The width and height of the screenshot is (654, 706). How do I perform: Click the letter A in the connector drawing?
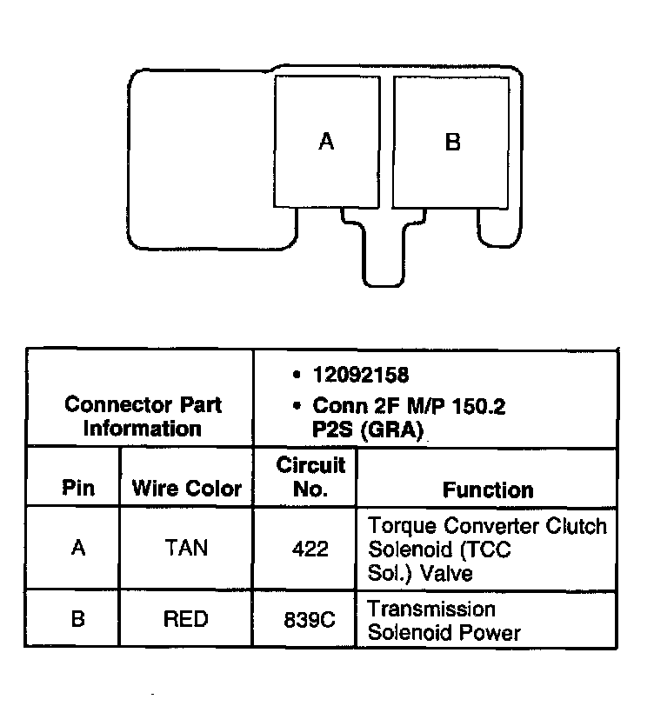326,141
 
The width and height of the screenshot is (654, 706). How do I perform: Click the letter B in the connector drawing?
452,141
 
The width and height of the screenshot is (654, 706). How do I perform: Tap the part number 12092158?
361,375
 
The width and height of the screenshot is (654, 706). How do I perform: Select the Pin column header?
78,488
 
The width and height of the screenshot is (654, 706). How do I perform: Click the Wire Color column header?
186,488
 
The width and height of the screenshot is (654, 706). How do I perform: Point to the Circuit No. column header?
310,476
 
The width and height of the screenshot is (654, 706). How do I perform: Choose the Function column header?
488,490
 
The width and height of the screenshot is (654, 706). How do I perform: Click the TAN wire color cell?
185,549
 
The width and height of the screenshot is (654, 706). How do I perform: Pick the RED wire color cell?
185,619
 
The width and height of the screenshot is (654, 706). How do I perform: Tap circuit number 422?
310,549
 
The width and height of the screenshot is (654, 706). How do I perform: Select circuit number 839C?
310,620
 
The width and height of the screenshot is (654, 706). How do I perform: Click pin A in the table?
77,549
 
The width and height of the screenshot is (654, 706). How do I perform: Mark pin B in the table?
77,619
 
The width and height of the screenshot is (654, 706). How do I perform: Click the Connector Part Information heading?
143,416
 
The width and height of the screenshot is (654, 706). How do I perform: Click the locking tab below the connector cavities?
383,252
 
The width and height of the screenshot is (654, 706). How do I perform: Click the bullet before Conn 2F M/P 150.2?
297,405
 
